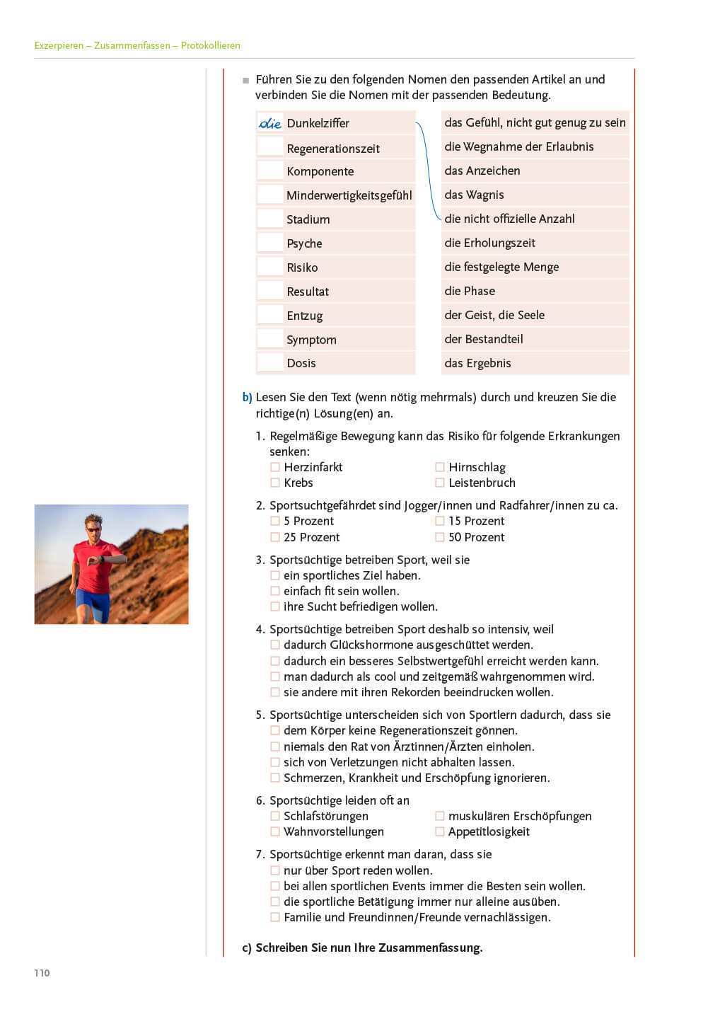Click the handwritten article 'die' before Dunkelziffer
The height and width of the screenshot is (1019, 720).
click(x=269, y=123)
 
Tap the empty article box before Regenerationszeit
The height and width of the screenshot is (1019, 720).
click(x=269, y=147)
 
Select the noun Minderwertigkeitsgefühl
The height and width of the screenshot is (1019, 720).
click(x=349, y=195)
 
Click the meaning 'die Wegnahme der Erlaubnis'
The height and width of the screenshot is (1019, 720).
click(x=518, y=146)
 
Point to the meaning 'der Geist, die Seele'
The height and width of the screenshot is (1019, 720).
click(x=494, y=315)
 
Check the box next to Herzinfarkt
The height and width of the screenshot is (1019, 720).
click(x=275, y=467)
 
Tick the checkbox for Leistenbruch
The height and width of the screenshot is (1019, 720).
click(x=440, y=483)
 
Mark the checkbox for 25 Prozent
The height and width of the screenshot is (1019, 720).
click(x=275, y=537)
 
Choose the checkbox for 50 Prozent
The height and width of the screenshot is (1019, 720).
click(x=440, y=537)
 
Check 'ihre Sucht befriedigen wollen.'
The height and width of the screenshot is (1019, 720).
click(x=275, y=606)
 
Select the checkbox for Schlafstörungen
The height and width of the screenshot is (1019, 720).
click(x=275, y=816)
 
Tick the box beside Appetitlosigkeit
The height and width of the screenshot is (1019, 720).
click(x=440, y=831)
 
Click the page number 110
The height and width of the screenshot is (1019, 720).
click(x=42, y=973)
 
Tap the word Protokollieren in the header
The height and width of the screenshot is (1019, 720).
click(x=210, y=45)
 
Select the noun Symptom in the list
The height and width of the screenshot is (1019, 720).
click(x=311, y=340)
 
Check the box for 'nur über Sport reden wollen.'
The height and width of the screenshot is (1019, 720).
click(x=275, y=870)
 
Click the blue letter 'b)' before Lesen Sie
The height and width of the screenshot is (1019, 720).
click(x=247, y=397)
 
